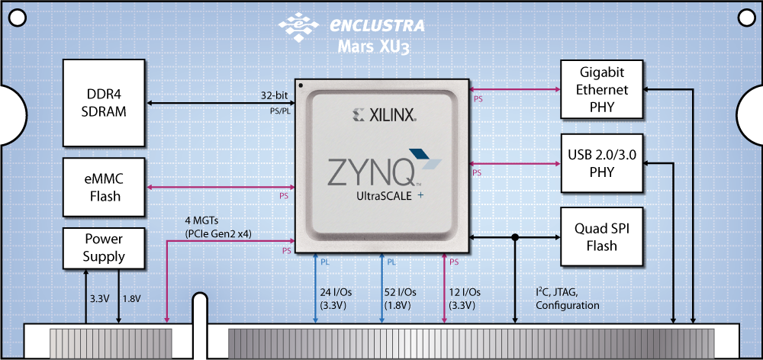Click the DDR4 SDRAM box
[104, 103]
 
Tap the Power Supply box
[104, 247]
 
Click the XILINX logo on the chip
[383, 116]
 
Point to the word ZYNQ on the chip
[372, 173]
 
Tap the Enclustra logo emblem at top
[298, 25]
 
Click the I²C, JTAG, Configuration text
[567, 298]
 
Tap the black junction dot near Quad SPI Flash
[516, 238]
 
